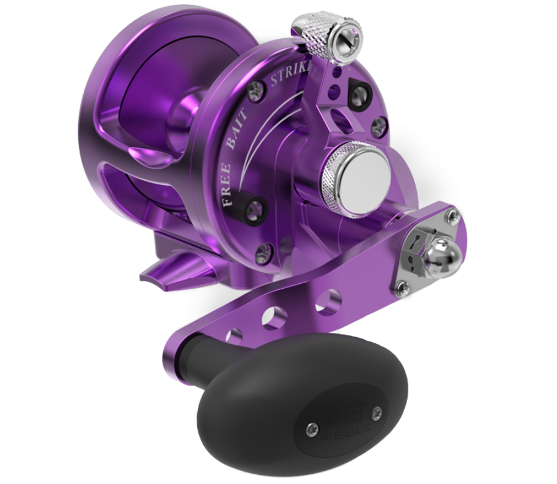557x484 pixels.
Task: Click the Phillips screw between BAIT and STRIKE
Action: tap(258, 90)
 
